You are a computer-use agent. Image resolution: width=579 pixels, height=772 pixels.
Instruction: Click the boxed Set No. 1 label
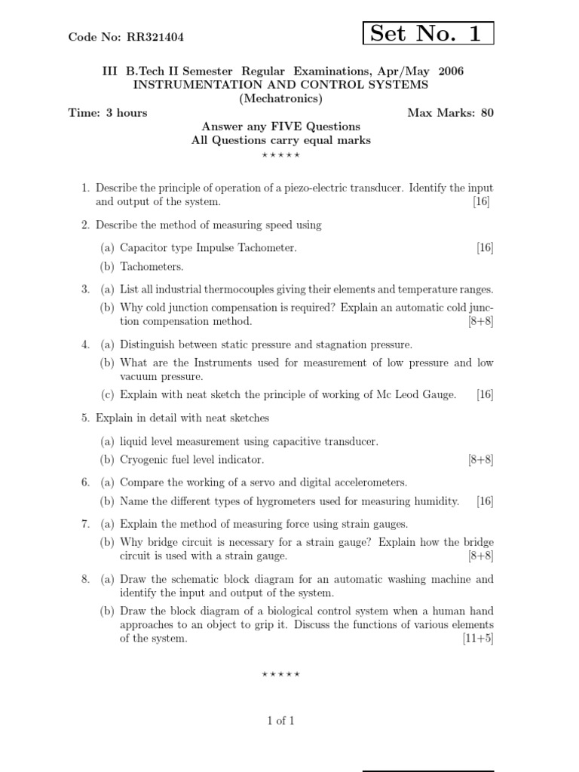[x=427, y=33]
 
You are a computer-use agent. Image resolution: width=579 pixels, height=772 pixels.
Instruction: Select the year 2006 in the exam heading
[x=449, y=71]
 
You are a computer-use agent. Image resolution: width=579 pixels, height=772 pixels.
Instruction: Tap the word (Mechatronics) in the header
[x=280, y=99]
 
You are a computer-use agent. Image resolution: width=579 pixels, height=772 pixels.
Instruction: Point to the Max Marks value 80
[x=487, y=113]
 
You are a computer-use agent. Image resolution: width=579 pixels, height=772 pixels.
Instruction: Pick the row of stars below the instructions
[x=280, y=155]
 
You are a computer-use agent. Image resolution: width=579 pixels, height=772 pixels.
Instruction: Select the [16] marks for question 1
[x=481, y=201]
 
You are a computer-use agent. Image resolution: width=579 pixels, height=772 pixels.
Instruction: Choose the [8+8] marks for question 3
[x=480, y=321]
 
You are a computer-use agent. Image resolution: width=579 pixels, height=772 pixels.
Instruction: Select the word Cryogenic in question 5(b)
[x=144, y=459]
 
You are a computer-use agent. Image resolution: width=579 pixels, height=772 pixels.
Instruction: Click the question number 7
[x=84, y=524]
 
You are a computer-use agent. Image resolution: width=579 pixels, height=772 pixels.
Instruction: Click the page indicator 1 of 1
[x=280, y=721]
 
